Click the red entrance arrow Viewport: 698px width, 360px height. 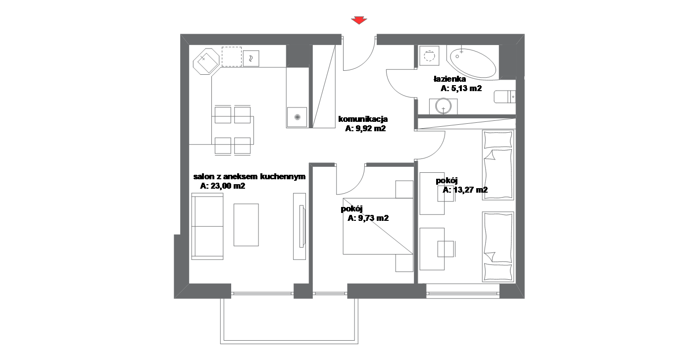point(359,21)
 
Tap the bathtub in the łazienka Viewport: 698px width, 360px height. point(471,62)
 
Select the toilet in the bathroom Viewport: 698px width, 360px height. point(504,97)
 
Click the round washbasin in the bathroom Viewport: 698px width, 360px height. point(443,106)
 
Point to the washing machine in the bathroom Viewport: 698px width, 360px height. point(429,56)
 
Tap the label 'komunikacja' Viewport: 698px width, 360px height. point(363,119)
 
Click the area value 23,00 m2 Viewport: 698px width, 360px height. point(228,186)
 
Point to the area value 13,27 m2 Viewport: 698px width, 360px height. point(470,190)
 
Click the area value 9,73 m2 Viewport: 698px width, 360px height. point(373,218)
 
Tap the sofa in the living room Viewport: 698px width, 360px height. point(207,226)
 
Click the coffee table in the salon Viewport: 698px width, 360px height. point(246,225)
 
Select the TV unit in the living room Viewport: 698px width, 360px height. point(299,226)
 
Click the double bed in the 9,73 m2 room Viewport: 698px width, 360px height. point(378,226)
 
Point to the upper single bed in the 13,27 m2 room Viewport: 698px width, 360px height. point(498,165)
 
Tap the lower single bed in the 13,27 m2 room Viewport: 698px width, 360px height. point(498,247)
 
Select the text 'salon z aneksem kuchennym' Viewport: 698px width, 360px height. point(249,177)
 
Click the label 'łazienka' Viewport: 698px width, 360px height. point(449,79)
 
